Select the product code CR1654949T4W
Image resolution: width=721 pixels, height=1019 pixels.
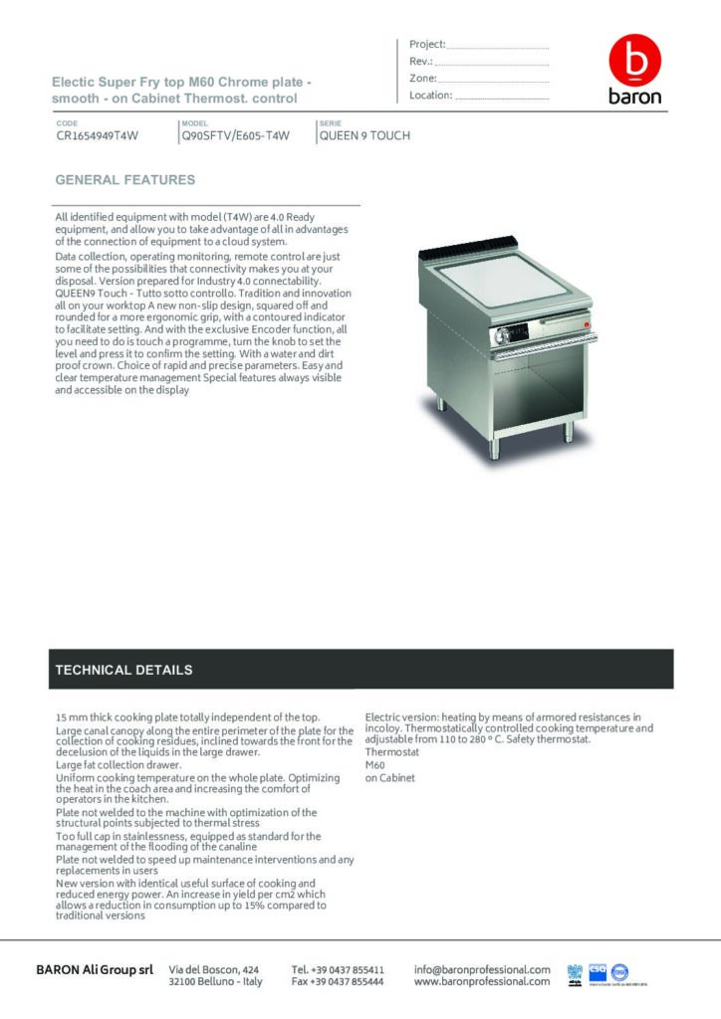[x=97, y=136]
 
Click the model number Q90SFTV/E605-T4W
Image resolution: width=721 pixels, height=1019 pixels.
[x=235, y=136]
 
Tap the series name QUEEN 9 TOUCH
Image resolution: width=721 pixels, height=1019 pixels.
[x=364, y=136]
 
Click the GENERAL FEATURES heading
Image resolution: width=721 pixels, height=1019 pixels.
[x=125, y=181]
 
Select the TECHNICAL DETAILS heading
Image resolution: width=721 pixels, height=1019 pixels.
[x=123, y=670]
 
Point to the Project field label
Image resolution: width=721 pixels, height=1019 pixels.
[x=427, y=45]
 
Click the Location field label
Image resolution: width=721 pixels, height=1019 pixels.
[x=431, y=96]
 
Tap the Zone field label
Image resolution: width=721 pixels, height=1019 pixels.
[x=422, y=79]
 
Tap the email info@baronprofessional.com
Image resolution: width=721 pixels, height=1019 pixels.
[x=482, y=968]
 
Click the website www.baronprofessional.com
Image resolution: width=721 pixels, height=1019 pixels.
[x=482, y=981]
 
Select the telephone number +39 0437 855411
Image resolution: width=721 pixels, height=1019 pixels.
[x=338, y=968]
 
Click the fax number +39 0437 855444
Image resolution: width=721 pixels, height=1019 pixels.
[x=338, y=981]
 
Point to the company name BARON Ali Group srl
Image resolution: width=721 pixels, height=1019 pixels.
[x=95, y=969]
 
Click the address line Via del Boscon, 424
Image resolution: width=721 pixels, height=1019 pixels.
[x=215, y=968]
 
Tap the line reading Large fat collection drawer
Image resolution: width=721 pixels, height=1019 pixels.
[x=118, y=765]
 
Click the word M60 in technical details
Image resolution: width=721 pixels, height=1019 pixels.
[x=374, y=765]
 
